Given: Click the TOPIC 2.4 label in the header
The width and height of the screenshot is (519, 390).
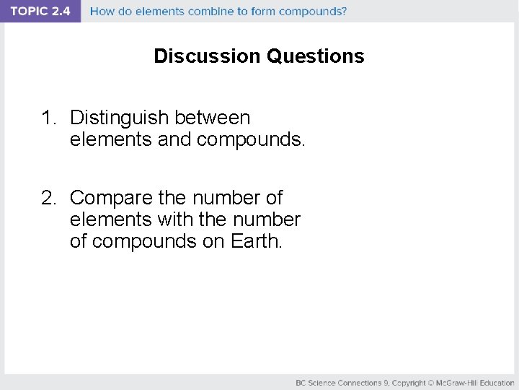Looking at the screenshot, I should click(x=40, y=12).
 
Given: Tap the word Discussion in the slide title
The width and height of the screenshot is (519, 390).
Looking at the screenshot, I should click(x=208, y=56).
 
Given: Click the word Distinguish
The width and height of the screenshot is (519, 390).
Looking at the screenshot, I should click(x=120, y=118).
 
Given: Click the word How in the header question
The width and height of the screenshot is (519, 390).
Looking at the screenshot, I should click(x=102, y=12).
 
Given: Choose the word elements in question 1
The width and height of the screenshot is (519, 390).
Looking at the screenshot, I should click(x=111, y=139).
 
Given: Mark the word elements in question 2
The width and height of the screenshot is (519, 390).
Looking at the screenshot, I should click(x=111, y=220).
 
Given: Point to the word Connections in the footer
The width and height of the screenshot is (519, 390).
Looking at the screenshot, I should click(x=360, y=382).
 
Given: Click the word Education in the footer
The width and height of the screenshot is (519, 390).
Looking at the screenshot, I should click(x=497, y=382).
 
